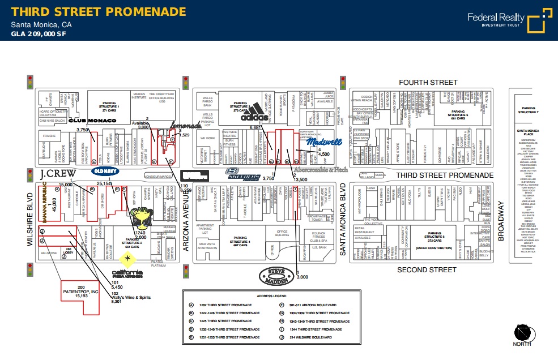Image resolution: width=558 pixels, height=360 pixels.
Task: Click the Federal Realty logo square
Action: click(539, 21)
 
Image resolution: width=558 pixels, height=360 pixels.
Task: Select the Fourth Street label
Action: click(428, 83)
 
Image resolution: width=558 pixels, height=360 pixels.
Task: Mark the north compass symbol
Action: click(522, 332)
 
